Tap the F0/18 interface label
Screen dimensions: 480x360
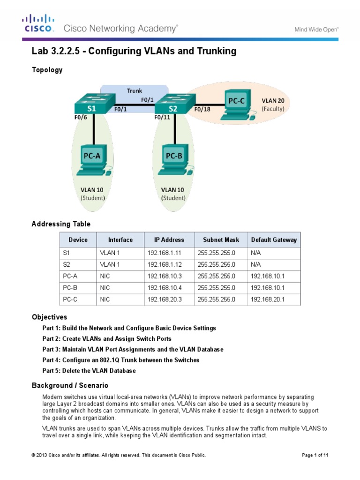point(202,110)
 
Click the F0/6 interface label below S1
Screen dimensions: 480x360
point(80,118)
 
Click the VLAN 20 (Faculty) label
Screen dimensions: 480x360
point(272,105)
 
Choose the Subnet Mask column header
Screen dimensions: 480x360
point(221,240)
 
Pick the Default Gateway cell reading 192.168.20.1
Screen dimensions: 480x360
point(267,300)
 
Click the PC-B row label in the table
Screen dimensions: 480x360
point(70,288)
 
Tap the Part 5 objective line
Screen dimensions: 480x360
point(89,371)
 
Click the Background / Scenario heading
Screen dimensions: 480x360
point(70,385)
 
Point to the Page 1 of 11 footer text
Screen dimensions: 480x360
point(317,455)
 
